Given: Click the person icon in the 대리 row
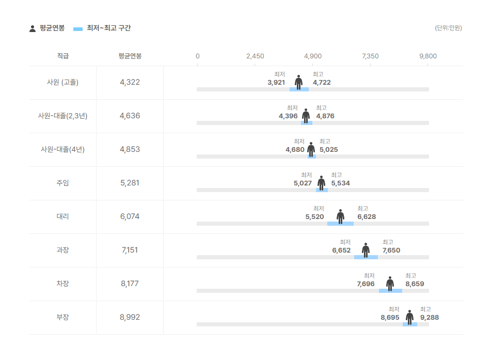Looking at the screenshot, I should coord(340,216).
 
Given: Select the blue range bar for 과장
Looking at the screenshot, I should coord(366,257).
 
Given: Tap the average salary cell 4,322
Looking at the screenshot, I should coord(130,82).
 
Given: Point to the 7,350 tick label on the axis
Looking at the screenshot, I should coord(370,56).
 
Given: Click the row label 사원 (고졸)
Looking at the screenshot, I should coord(62,82).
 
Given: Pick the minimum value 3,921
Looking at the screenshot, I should coord(276,83).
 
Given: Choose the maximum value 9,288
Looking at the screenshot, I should coord(430,318).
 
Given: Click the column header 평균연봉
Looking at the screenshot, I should coord(130,56).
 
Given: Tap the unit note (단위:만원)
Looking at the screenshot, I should coord(448,28).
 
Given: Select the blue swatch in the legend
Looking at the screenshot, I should coord(78,29).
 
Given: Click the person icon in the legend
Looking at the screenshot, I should coord(33,28).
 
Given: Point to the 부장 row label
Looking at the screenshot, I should coord(62,317).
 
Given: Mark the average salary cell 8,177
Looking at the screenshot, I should coord(130,284).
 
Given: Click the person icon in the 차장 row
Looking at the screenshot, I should coord(390,284).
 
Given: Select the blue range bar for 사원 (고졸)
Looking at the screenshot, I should coord(299,89).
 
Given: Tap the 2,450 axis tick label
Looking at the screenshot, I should coord(255,56).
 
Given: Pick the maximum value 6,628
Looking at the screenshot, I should coord(367,217).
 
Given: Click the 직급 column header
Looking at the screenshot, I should coord(62,56).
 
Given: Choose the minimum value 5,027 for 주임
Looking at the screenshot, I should coord(303,183).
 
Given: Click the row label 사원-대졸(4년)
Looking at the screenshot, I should coord(62,149).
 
